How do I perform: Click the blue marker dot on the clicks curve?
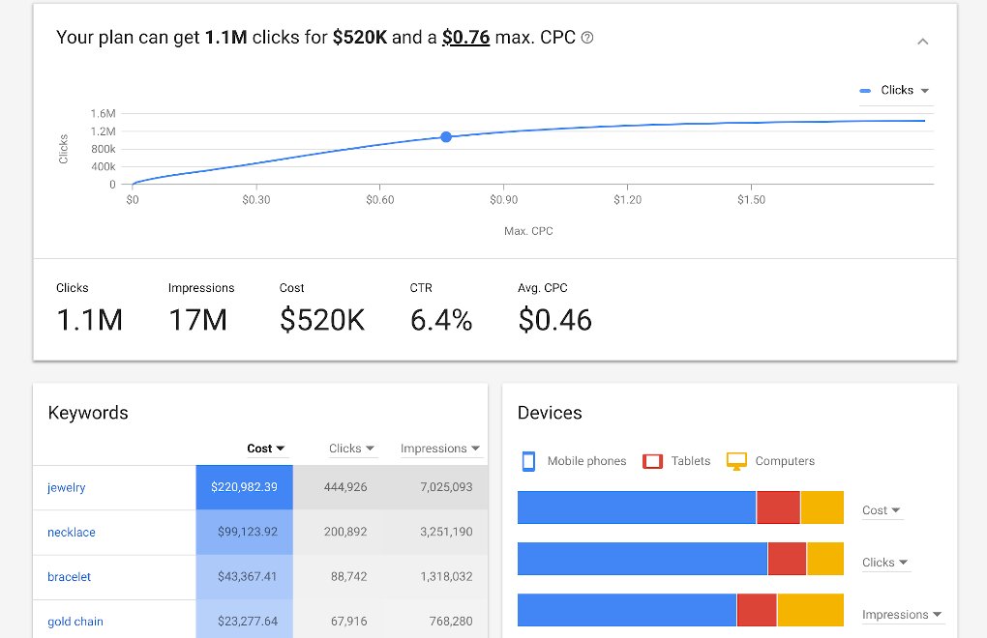(x=446, y=137)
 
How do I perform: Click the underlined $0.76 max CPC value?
(x=465, y=38)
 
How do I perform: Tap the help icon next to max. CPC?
(x=587, y=39)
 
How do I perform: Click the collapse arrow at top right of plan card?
(x=922, y=42)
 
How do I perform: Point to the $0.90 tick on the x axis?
(x=503, y=200)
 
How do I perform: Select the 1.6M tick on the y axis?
(x=104, y=114)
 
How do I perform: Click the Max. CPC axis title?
(x=528, y=231)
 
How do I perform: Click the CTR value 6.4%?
(x=441, y=320)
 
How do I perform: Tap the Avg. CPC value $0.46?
(x=554, y=320)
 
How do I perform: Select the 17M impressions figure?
(x=197, y=320)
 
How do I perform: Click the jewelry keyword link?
(x=67, y=488)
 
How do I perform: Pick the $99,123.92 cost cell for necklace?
(x=248, y=533)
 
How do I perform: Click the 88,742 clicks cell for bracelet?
(x=348, y=577)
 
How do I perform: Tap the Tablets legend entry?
(x=677, y=461)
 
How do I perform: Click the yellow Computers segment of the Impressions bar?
(x=810, y=610)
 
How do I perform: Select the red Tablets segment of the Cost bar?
(x=778, y=507)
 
